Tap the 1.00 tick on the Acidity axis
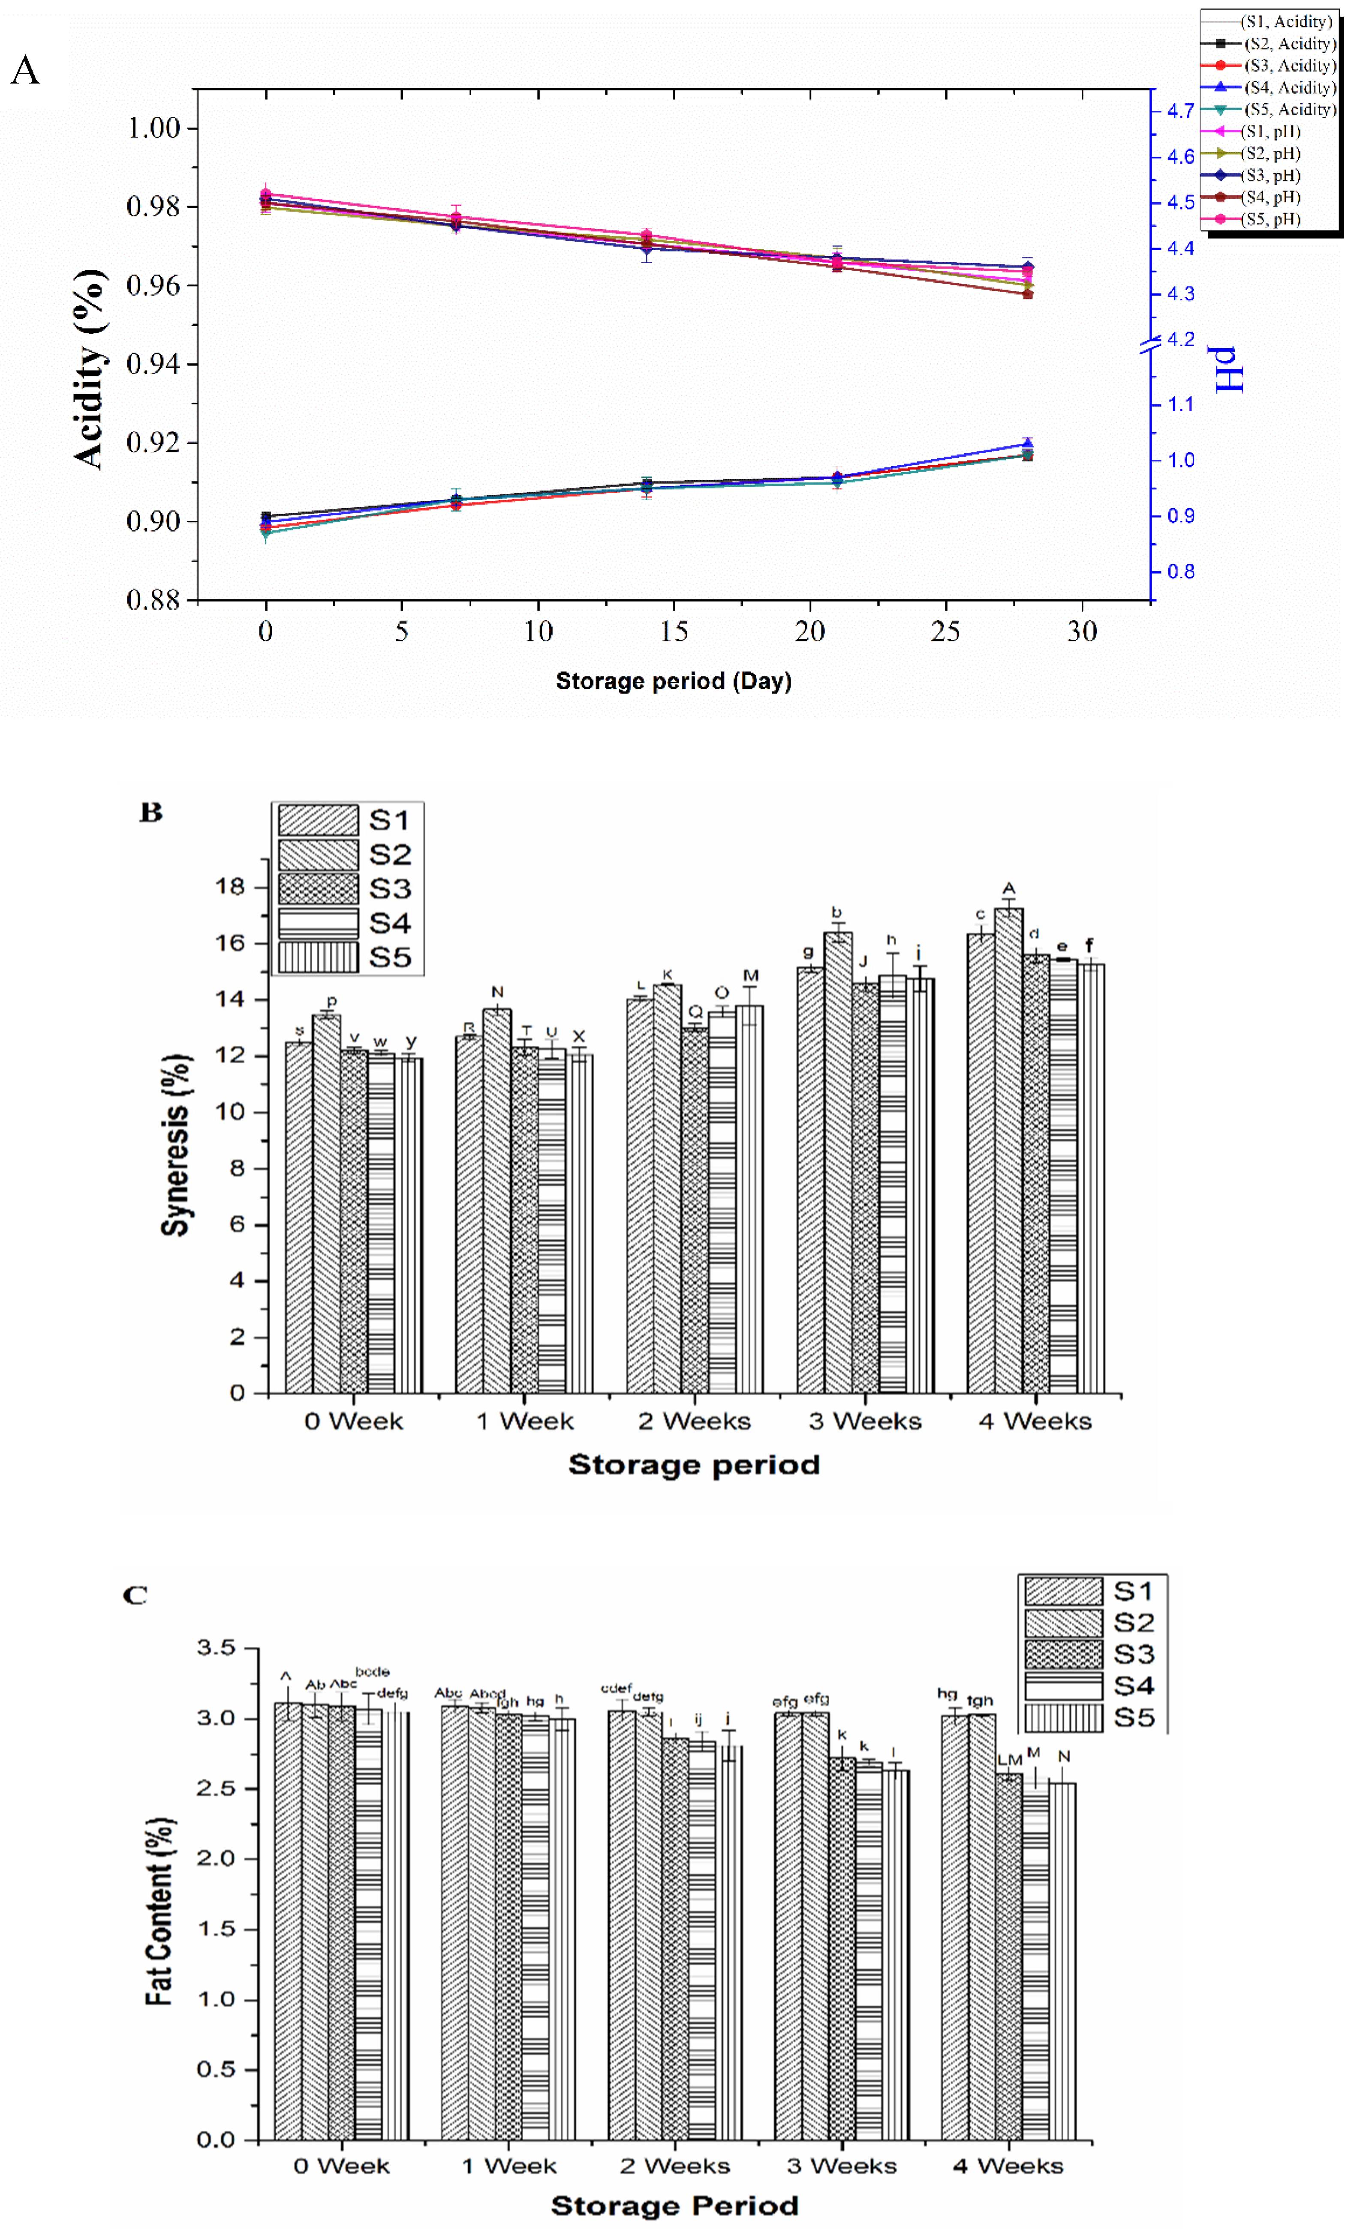154,128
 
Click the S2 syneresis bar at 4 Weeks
1008,1149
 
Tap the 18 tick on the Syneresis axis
231,886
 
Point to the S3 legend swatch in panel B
318,889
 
